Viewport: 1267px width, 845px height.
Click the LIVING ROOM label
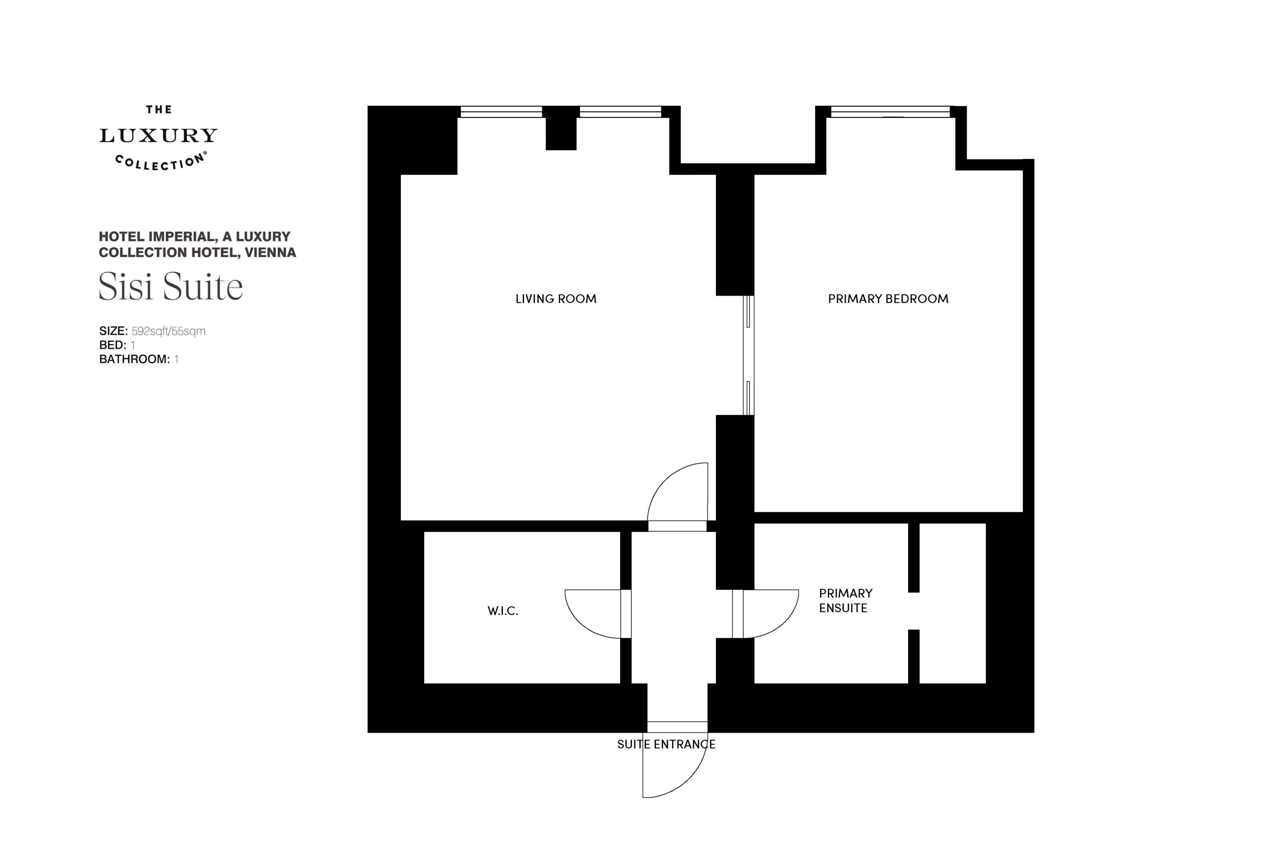pos(556,298)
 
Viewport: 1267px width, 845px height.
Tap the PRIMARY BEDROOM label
pos(888,298)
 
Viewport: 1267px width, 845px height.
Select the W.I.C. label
pos(503,611)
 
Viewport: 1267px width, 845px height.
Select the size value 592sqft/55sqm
pos(169,331)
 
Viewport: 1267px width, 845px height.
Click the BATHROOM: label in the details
pos(135,359)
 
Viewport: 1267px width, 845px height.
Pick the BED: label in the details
pos(112,345)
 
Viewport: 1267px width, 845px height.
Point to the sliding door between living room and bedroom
pos(748,355)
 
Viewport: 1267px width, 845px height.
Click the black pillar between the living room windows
pos(561,128)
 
